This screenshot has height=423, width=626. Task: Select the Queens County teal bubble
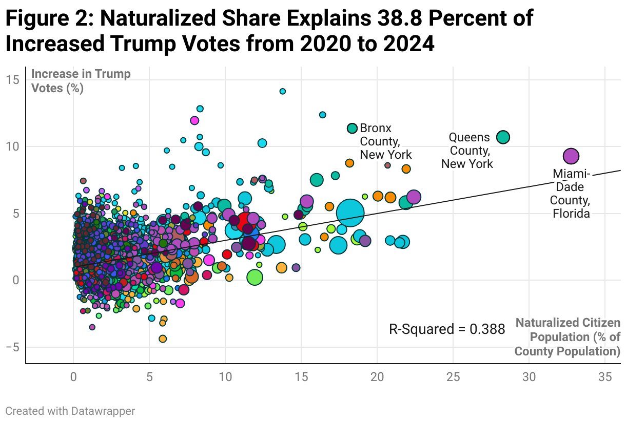503,137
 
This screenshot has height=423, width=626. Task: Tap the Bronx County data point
352,129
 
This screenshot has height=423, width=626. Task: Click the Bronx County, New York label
385,141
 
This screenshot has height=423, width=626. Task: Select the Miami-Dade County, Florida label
571,194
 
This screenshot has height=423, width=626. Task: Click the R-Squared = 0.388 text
447,329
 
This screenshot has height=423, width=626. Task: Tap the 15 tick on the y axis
13,79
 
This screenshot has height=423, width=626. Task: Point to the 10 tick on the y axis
13,146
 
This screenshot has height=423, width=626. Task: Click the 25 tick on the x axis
453,377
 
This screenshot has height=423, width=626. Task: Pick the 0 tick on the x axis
73,377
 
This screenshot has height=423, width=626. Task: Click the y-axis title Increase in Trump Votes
81,80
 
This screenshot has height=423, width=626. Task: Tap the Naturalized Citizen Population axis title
568,337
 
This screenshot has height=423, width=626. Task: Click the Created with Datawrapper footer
70,411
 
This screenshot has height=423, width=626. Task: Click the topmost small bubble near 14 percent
282,91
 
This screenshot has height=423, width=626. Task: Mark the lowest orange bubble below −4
163,339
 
